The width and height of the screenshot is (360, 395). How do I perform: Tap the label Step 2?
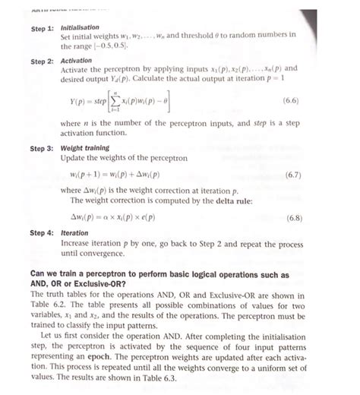(x=41, y=61)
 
